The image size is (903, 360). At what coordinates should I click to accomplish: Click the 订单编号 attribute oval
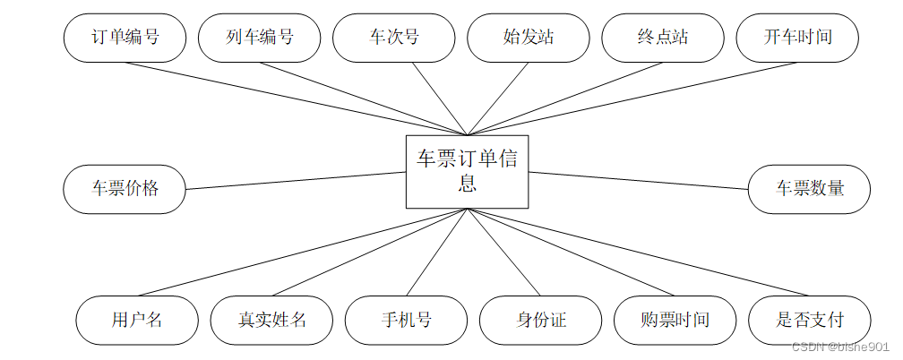[x=125, y=38]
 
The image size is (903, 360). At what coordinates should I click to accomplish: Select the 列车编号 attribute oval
[x=260, y=38]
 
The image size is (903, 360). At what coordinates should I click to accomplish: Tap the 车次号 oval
[x=394, y=38]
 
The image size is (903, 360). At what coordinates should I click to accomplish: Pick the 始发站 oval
[x=529, y=38]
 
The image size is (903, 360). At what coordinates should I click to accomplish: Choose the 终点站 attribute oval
[x=663, y=38]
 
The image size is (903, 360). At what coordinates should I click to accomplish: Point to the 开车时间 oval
[x=797, y=38]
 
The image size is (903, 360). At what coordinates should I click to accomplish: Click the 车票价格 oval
[x=125, y=189]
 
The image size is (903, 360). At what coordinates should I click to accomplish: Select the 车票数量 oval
[x=809, y=189]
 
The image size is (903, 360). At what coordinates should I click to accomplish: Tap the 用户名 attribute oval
[x=137, y=320]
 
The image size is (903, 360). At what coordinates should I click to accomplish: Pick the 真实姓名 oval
[x=271, y=320]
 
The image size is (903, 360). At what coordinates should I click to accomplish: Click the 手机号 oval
[x=406, y=320]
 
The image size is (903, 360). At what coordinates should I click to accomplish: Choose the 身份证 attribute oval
[x=541, y=320]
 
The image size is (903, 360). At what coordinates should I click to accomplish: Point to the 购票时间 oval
[x=675, y=320]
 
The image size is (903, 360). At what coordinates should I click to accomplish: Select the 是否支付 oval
[x=809, y=320]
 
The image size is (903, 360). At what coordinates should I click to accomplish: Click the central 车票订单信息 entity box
[x=467, y=171]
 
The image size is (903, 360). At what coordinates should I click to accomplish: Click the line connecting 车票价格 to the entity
[x=296, y=180]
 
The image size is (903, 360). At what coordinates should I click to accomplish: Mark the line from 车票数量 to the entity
[x=638, y=180]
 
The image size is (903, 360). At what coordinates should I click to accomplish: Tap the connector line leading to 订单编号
[x=296, y=99]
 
